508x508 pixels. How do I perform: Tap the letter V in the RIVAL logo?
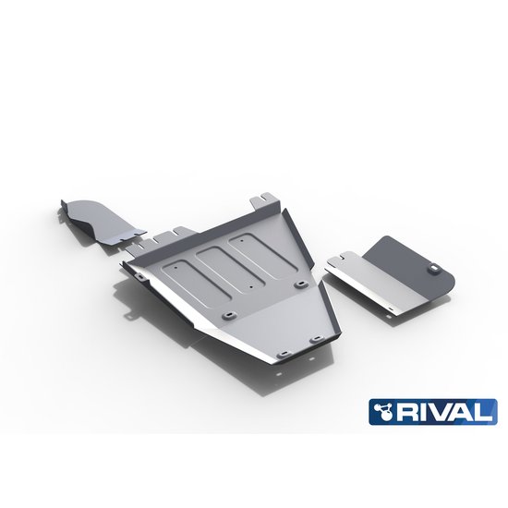pyautogui.click(x=450, y=412)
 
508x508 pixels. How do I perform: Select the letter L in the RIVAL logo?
pyautogui.click(x=484, y=412)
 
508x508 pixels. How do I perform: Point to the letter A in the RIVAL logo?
pyautogui.click(x=467, y=412)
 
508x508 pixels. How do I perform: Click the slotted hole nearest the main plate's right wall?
pyautogui.click(x=302, y=274)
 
